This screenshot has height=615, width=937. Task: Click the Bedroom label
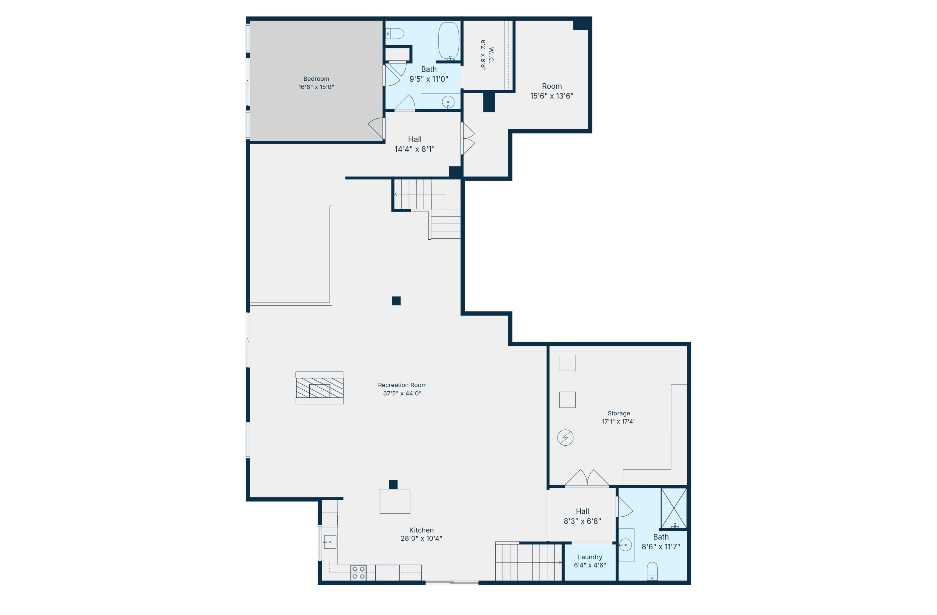[316, 79]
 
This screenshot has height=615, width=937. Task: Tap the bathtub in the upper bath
[449, 41]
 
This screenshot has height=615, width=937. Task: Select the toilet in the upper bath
[395, 34]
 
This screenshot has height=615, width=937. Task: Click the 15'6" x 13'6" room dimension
[552, 96]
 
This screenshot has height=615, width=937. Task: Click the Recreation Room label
[402, 385]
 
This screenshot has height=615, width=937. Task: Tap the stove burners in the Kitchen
[358, 572]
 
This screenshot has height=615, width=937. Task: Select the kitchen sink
[330, 542]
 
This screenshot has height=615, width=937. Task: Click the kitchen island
[395, 501]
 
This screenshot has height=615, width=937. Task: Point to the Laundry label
[590, 557]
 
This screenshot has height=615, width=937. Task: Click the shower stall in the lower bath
[674, 508]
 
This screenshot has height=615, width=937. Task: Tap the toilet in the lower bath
[652, 571]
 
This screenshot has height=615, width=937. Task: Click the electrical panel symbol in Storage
[565, 437]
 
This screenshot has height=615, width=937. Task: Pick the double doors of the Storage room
[587, 477]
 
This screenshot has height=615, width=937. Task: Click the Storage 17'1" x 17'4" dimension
[618, 421]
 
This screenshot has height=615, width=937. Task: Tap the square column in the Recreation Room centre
[396, 301]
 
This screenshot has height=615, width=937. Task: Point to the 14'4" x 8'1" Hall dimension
[414, 149]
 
